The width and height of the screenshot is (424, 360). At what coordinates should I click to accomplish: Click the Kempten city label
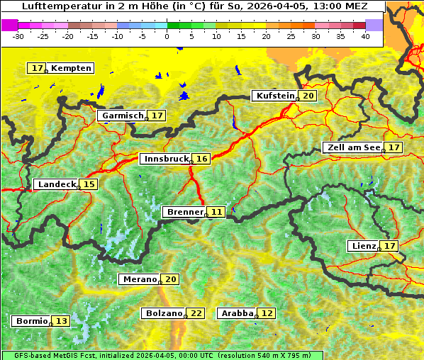coord(71,68)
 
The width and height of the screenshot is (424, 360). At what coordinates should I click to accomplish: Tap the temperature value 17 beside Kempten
coord(38,68)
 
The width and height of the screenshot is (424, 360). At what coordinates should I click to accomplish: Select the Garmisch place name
coord(123,116)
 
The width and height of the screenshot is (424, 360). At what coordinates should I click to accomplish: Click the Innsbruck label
coord(164,159)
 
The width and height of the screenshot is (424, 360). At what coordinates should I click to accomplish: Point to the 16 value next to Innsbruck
coord(202,159)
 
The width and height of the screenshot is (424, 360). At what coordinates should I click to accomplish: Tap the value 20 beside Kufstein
coord(308,96)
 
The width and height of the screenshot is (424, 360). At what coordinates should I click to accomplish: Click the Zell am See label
coord(352,147)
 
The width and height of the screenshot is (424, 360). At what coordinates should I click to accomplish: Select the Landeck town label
coord(57,184)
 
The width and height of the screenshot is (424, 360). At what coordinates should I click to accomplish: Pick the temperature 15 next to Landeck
coord(89,184)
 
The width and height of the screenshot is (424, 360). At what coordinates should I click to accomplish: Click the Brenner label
coord(184,212)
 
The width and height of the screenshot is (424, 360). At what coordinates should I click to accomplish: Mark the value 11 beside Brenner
coord(216,212)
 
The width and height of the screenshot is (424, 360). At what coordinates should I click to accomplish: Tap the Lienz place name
coord(363,246)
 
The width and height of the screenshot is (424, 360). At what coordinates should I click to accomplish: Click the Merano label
coord(138,279)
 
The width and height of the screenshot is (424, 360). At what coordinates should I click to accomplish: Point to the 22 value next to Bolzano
coord(196,313)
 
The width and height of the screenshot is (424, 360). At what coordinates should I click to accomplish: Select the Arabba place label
coord(237,313)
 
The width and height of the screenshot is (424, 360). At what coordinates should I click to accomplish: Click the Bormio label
coord(31,321)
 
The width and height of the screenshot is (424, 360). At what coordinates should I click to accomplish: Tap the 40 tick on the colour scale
coord(365,35)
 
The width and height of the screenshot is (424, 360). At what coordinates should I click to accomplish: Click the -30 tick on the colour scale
coord(18,35)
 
